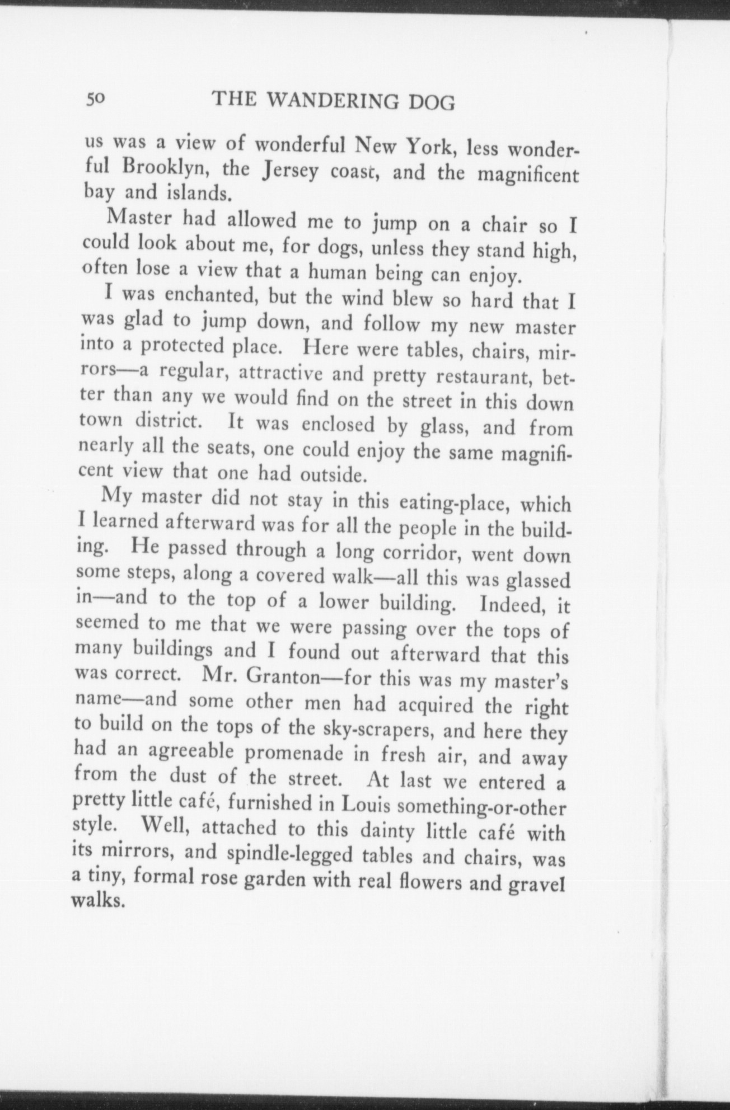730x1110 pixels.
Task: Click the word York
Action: click(431, 148)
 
